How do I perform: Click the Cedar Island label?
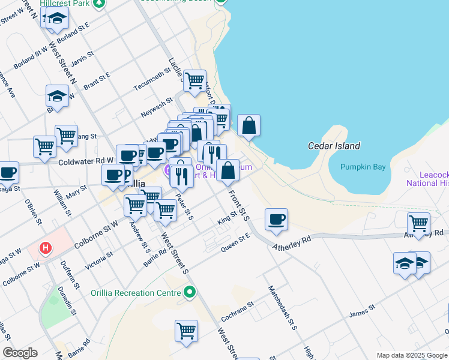click(334, 146)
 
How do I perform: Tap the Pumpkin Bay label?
click(363, 167)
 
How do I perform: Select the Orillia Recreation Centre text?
click(142, 293)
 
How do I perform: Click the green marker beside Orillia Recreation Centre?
click(190, 293)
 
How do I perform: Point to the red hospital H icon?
click(45, 247)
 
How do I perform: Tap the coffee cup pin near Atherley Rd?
click(276, 220)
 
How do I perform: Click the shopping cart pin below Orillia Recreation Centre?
click(187, 331)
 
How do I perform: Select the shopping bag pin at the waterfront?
click(249, 125)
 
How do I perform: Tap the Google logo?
click(20, 353)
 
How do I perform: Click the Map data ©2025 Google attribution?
click(411, 355)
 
